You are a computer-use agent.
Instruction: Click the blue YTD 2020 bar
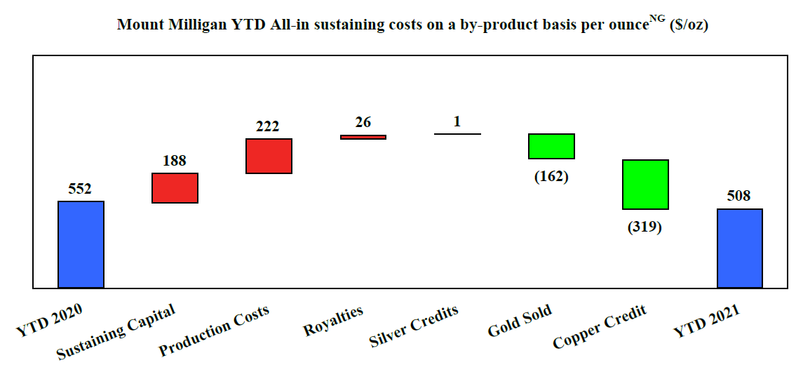point(81,244)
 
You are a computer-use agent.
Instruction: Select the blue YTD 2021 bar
point(740,248)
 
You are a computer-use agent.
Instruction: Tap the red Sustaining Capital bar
point(175,188)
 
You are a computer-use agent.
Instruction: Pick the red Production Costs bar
point(269,156)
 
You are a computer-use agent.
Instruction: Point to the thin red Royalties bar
point(363,137)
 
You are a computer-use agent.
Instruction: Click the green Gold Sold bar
point(551,146)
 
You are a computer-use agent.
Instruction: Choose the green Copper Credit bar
point(645,185)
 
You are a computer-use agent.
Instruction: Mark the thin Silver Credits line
point(457,133)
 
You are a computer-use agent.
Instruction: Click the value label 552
point(80,189)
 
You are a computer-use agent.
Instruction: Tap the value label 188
point(175,161)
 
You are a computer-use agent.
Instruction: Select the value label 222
point(268,126)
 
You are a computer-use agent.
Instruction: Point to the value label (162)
point(551,176)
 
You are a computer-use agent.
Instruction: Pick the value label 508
point(739,196)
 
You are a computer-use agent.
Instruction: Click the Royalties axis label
point(334,321)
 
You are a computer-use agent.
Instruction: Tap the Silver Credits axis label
point(414,326)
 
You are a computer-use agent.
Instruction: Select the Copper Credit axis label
point(600,327)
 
